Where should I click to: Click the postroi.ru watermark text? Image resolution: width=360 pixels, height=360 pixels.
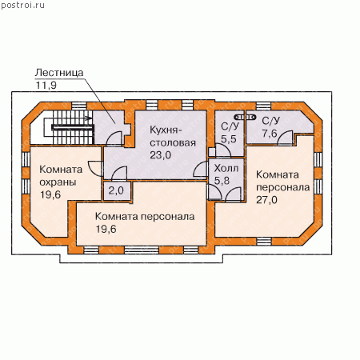click(x=22, y=5)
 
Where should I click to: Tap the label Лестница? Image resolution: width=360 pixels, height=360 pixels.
click(x=59, y=73)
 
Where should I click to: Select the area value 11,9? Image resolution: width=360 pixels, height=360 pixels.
click(x=46, y=86)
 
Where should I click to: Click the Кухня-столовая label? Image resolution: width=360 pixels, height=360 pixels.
click(x=173, y=136)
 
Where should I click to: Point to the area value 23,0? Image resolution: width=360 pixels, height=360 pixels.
click(x=161, y=155)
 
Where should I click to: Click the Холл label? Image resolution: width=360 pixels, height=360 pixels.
click(x=226, y=168)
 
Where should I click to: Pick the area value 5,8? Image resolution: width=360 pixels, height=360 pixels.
click(x=222, y=181)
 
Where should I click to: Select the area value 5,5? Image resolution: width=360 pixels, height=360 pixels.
click(x=229, y=139)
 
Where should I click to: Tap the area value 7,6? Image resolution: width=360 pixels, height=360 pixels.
click(x=270, y=133)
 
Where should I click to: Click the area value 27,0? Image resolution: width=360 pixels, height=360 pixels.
click(x=266, y=200)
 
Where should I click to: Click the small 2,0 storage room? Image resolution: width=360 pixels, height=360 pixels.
click(x=117, y=190)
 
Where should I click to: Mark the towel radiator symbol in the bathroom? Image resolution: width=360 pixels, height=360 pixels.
click(x=245, y=117)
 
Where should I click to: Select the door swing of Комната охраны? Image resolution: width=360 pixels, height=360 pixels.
click(x=95, y=168)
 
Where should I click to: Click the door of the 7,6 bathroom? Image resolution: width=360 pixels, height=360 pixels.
click(x=286, y=138)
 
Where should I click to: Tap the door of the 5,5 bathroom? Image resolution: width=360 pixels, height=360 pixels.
click(x=223, y=150)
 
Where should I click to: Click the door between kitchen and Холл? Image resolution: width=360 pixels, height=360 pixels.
click(x=201, y=169)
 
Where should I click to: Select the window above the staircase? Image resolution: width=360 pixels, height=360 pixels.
click(x=79, y=106)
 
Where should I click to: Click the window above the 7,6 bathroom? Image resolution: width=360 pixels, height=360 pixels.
click(x=264, y=106)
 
